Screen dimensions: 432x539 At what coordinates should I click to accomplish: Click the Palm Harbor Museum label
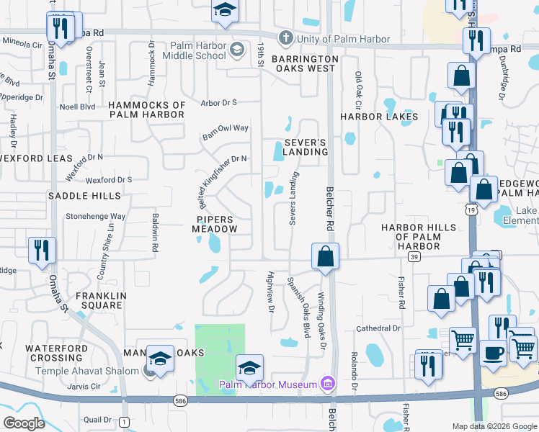point(268,385)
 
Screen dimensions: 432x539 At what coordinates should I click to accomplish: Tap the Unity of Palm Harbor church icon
point(285,39)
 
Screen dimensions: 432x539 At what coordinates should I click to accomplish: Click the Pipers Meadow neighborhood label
point(215,223)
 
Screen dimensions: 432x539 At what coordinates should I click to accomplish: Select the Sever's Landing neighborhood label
point(306,147)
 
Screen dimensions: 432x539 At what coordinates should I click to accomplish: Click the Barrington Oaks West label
point(305,63)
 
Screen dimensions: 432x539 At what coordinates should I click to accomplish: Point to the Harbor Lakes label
point(379,117)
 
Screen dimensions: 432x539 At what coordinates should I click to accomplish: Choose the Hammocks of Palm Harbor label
point(147,109)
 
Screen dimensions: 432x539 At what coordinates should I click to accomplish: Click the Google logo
point(24,423)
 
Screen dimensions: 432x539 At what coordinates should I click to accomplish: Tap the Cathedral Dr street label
point(378,328)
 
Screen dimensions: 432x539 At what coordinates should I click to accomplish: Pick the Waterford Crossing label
point(56,353)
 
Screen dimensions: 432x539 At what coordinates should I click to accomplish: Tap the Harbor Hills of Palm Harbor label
point(419,237)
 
